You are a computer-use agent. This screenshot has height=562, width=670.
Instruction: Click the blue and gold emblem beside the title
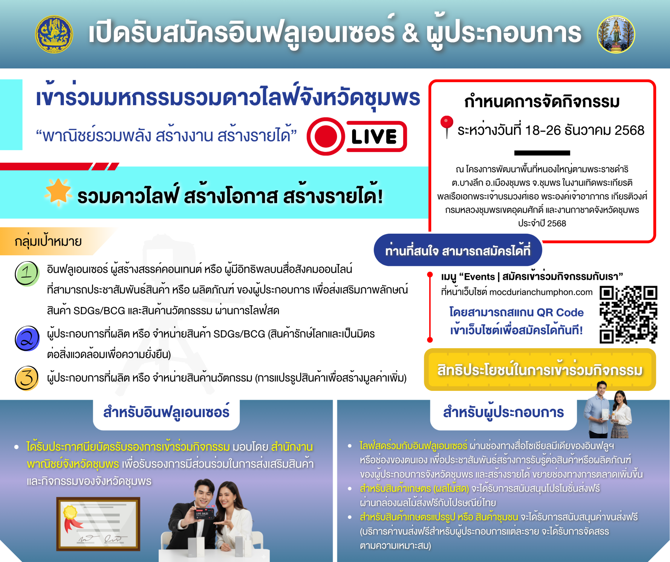point(54,34)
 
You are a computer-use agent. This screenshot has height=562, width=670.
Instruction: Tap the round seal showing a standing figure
point(616,34)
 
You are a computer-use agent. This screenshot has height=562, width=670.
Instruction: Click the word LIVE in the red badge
point(374,136)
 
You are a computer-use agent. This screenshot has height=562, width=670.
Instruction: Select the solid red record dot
point(325,136)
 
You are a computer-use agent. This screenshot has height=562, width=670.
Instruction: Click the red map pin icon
point(447,126)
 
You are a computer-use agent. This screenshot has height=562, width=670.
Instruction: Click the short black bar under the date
point(542,153)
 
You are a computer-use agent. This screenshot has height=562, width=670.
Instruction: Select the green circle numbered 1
point(27,273)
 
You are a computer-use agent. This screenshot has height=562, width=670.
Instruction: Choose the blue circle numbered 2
point(27,338)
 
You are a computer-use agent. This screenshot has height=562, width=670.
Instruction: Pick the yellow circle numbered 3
point(27,378)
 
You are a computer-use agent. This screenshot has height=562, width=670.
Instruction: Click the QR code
point(628,314)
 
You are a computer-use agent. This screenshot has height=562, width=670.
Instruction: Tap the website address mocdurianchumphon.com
point(541,292)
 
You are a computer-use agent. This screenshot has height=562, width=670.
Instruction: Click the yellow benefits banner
point(540,370)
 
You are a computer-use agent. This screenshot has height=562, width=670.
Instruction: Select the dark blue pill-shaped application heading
point(458,250)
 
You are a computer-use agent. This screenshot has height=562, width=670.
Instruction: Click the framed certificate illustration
point(98,524)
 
